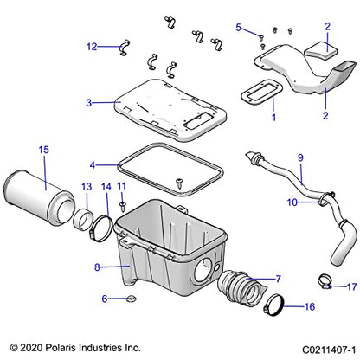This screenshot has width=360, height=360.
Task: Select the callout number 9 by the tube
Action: click(x=301, y=158)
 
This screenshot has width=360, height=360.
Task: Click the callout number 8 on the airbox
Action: click(x=98, y=244)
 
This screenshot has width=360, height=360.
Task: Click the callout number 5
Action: click(x=239, y=28)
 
